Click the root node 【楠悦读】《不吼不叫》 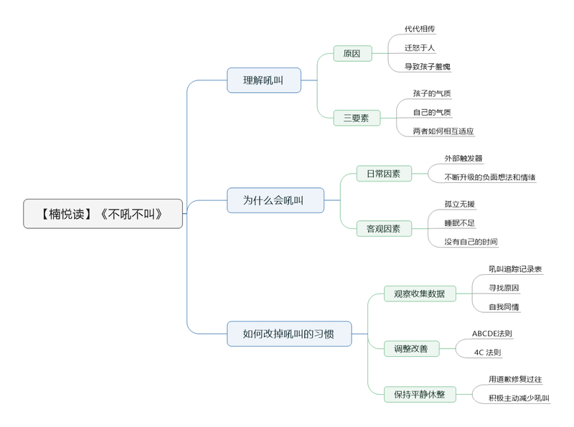(103, 214)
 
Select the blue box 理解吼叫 (263, 80)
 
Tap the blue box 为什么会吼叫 (275, 200)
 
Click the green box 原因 (352, 54)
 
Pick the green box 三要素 (356, 118)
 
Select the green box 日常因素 (384, 174)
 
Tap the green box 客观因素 (384, 229)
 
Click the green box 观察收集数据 (420, 293)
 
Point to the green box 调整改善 (410, 349)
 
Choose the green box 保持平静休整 (420, 394)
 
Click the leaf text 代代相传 (420, 29)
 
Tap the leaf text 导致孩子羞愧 (428, 67)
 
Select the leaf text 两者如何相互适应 (443, 131)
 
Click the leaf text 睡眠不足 (459, 223)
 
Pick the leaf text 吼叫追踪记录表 (515, 269)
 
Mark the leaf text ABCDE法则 (492, 334)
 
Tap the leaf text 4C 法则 (488, 352)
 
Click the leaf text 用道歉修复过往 (515, 379)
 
